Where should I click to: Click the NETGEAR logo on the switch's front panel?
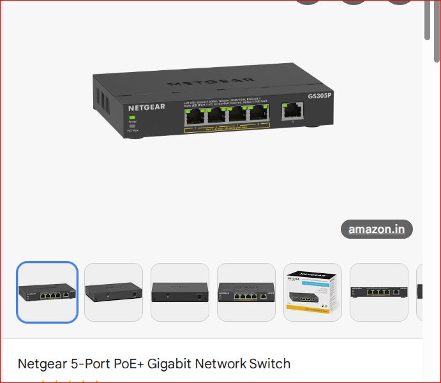pos(146,107)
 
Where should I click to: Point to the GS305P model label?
pos(320,96)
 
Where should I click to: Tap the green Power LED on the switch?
pos(133,117)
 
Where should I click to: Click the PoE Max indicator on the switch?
pos(133,126)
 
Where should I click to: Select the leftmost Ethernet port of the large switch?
pos(195,116)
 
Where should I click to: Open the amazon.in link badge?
pos(377,229)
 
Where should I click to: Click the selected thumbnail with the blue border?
pos(47,292)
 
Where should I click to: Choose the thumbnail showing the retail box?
pos(313,292)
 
